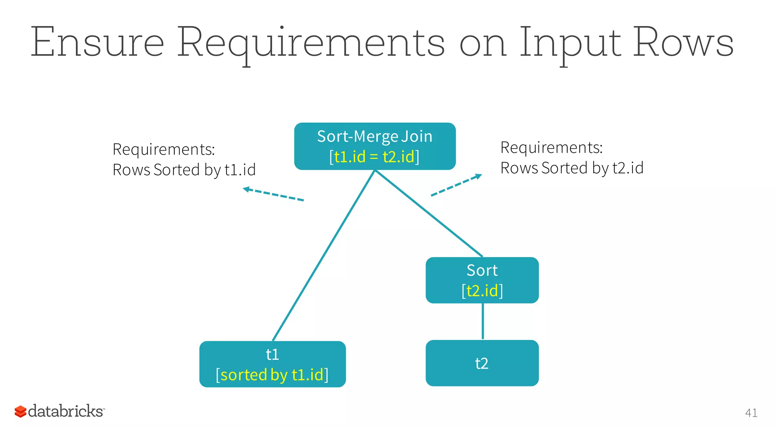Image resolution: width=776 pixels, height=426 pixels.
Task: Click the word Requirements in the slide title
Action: [311, 42]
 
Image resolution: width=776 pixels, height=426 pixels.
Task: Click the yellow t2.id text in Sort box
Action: [482, 291]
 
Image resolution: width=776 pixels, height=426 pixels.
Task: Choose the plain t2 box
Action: [482, 363]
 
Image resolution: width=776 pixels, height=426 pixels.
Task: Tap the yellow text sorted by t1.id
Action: [272, 375]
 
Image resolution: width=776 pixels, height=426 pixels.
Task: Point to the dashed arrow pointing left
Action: [273, 194]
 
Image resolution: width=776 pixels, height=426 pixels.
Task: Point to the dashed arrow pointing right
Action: [456, 185]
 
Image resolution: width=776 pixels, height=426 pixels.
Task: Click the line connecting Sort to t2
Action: [482, 321]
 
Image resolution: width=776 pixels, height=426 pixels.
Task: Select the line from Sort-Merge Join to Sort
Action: [428, 213]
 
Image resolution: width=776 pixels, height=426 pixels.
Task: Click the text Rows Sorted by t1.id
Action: [184, 170]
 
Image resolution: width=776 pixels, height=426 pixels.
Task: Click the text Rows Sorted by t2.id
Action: [571, 168]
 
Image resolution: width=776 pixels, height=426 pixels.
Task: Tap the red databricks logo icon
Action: [20, 412]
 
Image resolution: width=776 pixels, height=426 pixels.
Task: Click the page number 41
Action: [751, 413]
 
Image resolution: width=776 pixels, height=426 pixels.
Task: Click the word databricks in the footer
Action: [66, 411]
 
